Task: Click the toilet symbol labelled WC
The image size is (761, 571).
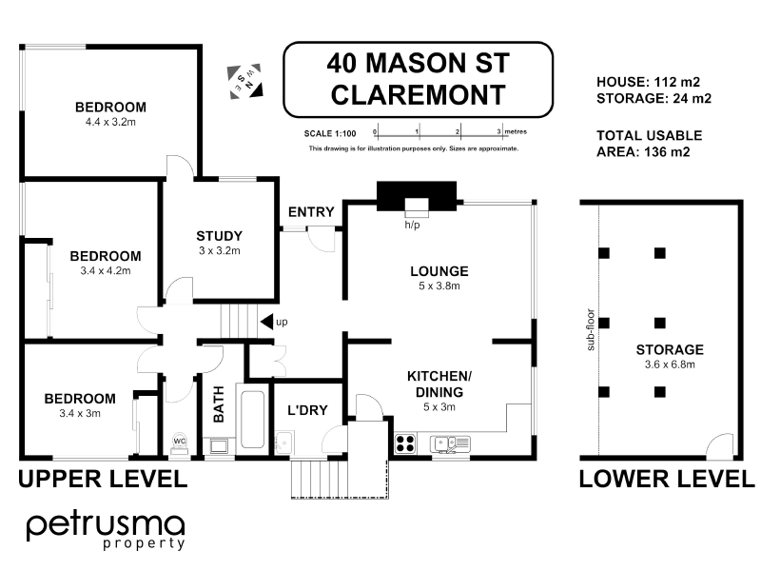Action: (179, 443)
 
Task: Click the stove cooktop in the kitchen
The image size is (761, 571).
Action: (404, 443)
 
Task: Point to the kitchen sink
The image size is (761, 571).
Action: (449, 443)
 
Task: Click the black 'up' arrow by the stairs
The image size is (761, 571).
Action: (267, 322)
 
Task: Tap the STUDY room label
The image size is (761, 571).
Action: (220, 236)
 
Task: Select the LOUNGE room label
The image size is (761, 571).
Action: (439, 271)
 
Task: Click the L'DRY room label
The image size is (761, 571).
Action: (307, 411)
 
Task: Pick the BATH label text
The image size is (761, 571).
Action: (218, 410)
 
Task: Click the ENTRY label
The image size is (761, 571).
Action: (311, 211)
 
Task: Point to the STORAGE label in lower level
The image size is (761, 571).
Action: (670, 349)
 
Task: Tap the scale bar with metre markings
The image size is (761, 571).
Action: (438, 133)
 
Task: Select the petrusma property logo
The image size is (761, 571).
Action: (105, 529)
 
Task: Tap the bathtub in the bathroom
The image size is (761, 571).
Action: (252, 419)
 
